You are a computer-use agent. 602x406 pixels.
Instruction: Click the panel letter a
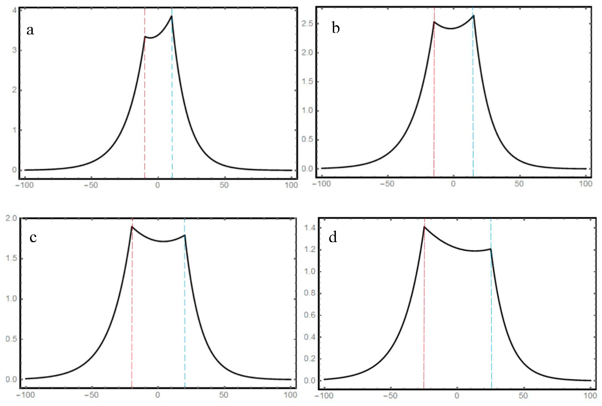pyautogui.click(x=30, y=30)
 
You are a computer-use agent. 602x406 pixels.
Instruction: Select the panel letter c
pyautogui.click(x=33, y=237)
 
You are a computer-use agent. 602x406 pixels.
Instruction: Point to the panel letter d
pyautogui.click(x=333, y=237)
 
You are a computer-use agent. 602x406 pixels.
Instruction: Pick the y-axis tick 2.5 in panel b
pyautogui.click(x=307, y=23)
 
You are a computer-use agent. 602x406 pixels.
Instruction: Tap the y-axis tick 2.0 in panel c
pyautogui.click(x=11, y=218)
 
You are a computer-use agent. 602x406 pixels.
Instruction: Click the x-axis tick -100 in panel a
pyautogui.click(x=25, y=185)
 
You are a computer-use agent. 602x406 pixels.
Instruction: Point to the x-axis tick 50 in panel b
pyautogui.click(x=519, y=184)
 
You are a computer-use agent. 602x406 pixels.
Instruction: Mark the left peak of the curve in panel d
pyautogui.click(x=424, y=227)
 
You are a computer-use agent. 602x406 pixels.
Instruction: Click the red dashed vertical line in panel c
pyautogui.click(x=132, y=311)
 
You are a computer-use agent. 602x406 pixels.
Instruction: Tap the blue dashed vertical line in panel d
pyautogui.click(x=491, y=311)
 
